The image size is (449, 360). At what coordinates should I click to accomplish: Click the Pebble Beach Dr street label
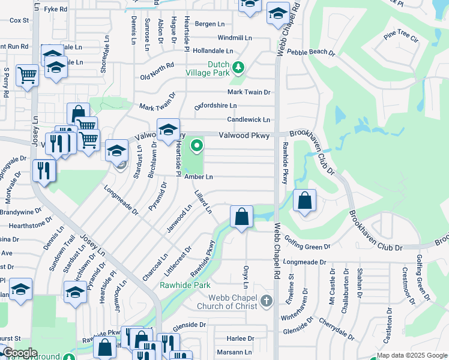(310, 52)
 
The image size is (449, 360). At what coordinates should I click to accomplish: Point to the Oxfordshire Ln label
(215, 106)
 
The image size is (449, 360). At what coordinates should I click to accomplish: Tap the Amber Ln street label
(198, 177)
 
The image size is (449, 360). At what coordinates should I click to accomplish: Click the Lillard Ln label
(203, 202)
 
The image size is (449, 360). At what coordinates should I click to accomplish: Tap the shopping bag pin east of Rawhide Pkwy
(304, 200)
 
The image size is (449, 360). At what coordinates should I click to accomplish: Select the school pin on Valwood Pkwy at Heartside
(168, 129)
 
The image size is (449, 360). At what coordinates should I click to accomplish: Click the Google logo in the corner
(19, 353)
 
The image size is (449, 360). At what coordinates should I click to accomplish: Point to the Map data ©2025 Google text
(412, 355)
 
